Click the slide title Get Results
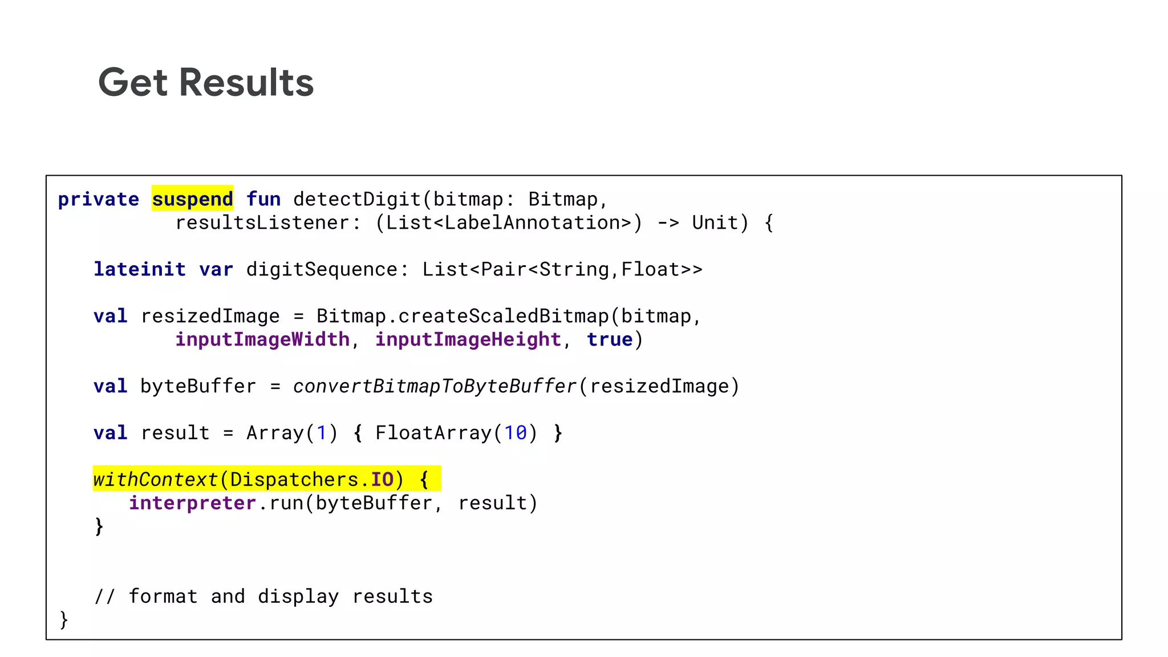(x=206, y=83)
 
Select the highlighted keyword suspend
(x=192, y=199)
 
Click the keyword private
(x=99, y=199)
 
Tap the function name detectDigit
(x=357, y=199)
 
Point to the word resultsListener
(x=262, y=222)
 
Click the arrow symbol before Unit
(x=668, y=222)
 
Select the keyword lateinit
(x=140, y=269)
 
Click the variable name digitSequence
(x=322, y=269)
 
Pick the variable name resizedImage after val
(x=210, y=316)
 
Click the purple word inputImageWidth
(x=262, y=339)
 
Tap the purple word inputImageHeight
(x=468, y=339)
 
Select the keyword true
(x=610, y=339)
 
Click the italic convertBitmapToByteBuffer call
(x=435, y=386)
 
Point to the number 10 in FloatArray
(x=516, y=433)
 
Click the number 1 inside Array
(x=322, y=433)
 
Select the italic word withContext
(x=155, y=480)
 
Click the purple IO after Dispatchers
(x=382, y=480)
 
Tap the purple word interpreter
(x=192, y=503)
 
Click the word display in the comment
(x=298, y=597)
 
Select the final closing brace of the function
(x=64, y=620)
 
